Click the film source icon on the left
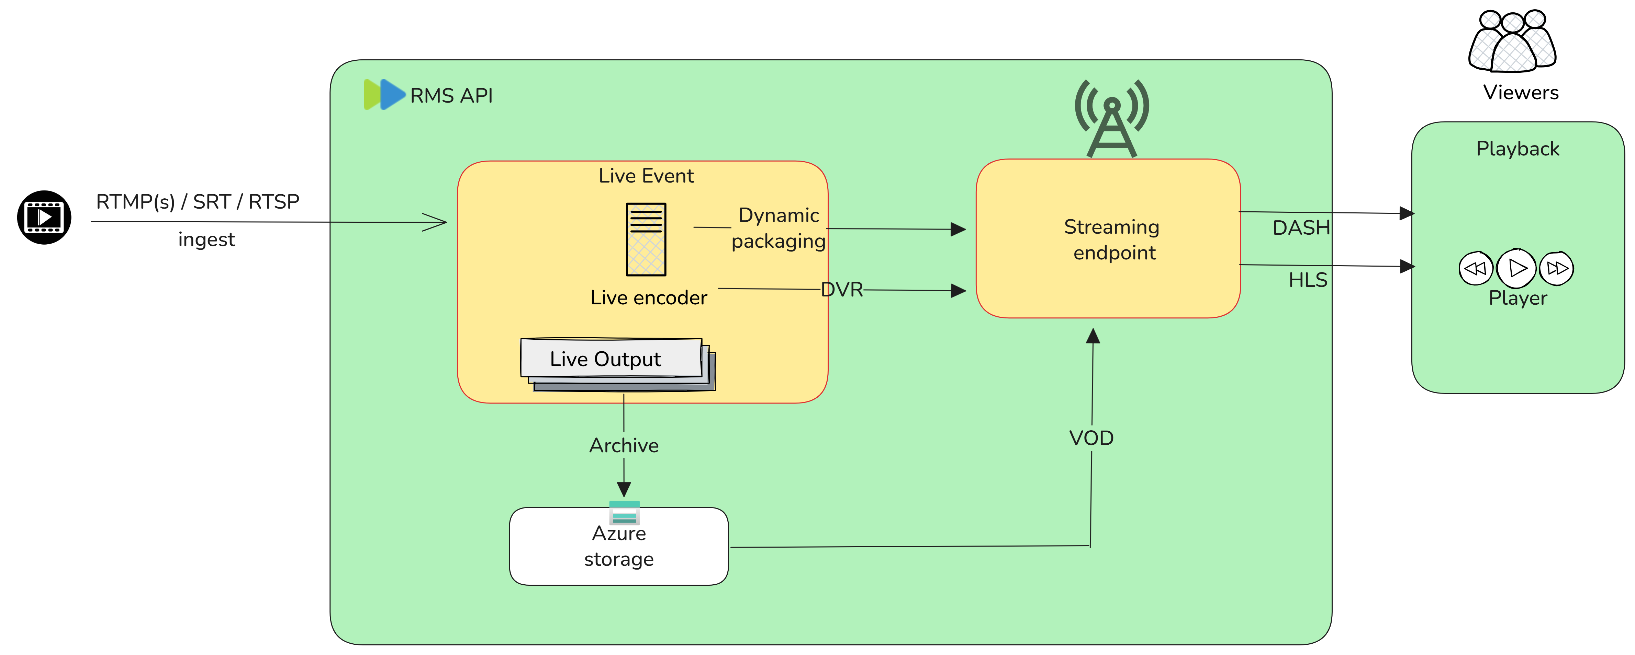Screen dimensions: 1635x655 click(44, 218)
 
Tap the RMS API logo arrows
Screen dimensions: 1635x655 click(384, 95)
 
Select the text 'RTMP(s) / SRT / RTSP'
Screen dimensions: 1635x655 click(198, 202)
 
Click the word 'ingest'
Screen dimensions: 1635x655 click(206, 240)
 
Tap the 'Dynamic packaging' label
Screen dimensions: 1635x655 click(779, 228)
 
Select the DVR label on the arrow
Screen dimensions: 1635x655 click(842, 290)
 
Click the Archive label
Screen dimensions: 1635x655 click(624, 445)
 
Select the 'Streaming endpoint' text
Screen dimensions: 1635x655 click(1112, 240)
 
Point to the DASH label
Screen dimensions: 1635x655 click(1301, 227)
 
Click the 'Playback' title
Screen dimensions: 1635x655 click(1518, 149)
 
